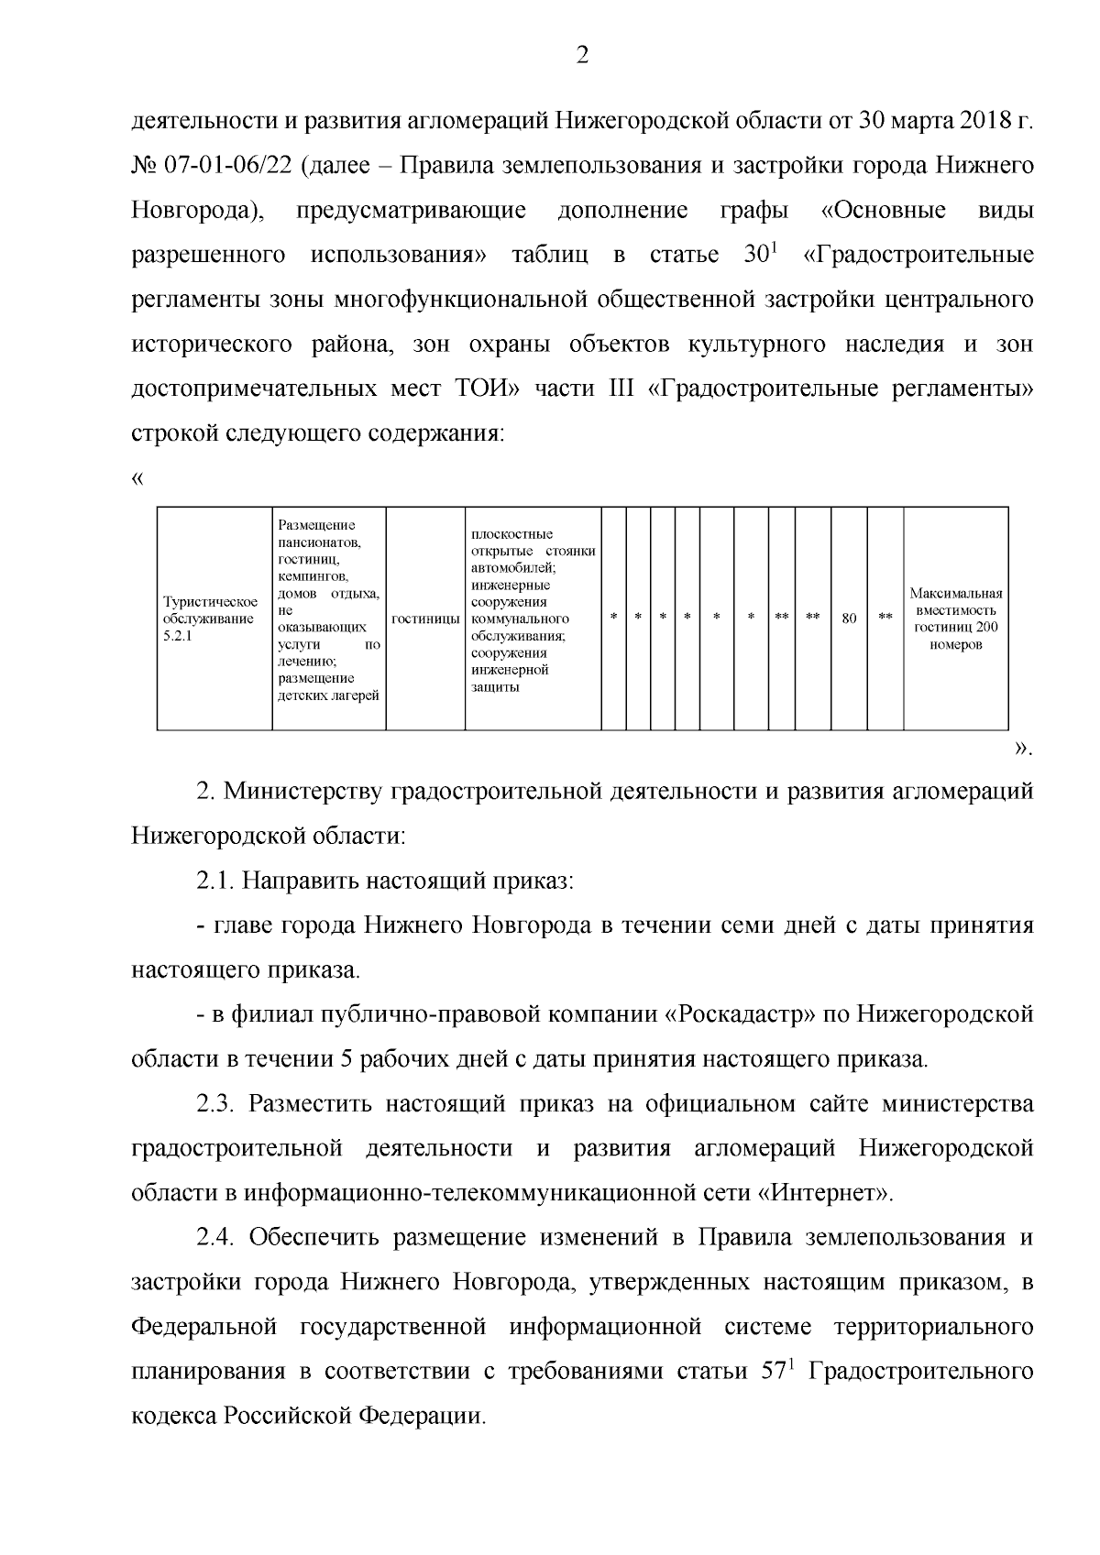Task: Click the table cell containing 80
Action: point(849,619)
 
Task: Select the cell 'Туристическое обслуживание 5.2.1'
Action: point(211,619)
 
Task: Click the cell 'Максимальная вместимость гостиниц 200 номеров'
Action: point(956,619)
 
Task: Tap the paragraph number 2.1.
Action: point(216,882)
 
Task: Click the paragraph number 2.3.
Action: point(216,1104)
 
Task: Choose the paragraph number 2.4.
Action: point(216,1238)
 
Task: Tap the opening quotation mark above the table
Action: point(137,479)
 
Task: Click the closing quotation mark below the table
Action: point(1022,750)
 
